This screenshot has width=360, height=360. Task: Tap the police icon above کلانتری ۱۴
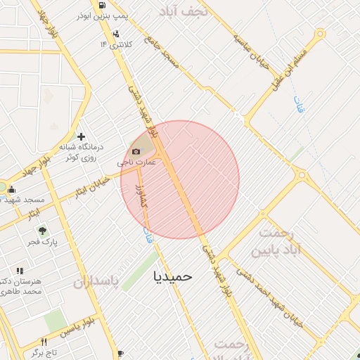tap(115, 34)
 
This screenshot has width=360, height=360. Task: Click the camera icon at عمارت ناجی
tap(136, 151)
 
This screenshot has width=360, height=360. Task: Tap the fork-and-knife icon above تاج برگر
tap(120, 353)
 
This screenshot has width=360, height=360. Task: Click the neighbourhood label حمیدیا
tap(173, 276)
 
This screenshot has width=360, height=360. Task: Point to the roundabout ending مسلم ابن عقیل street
tap(321, 33)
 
